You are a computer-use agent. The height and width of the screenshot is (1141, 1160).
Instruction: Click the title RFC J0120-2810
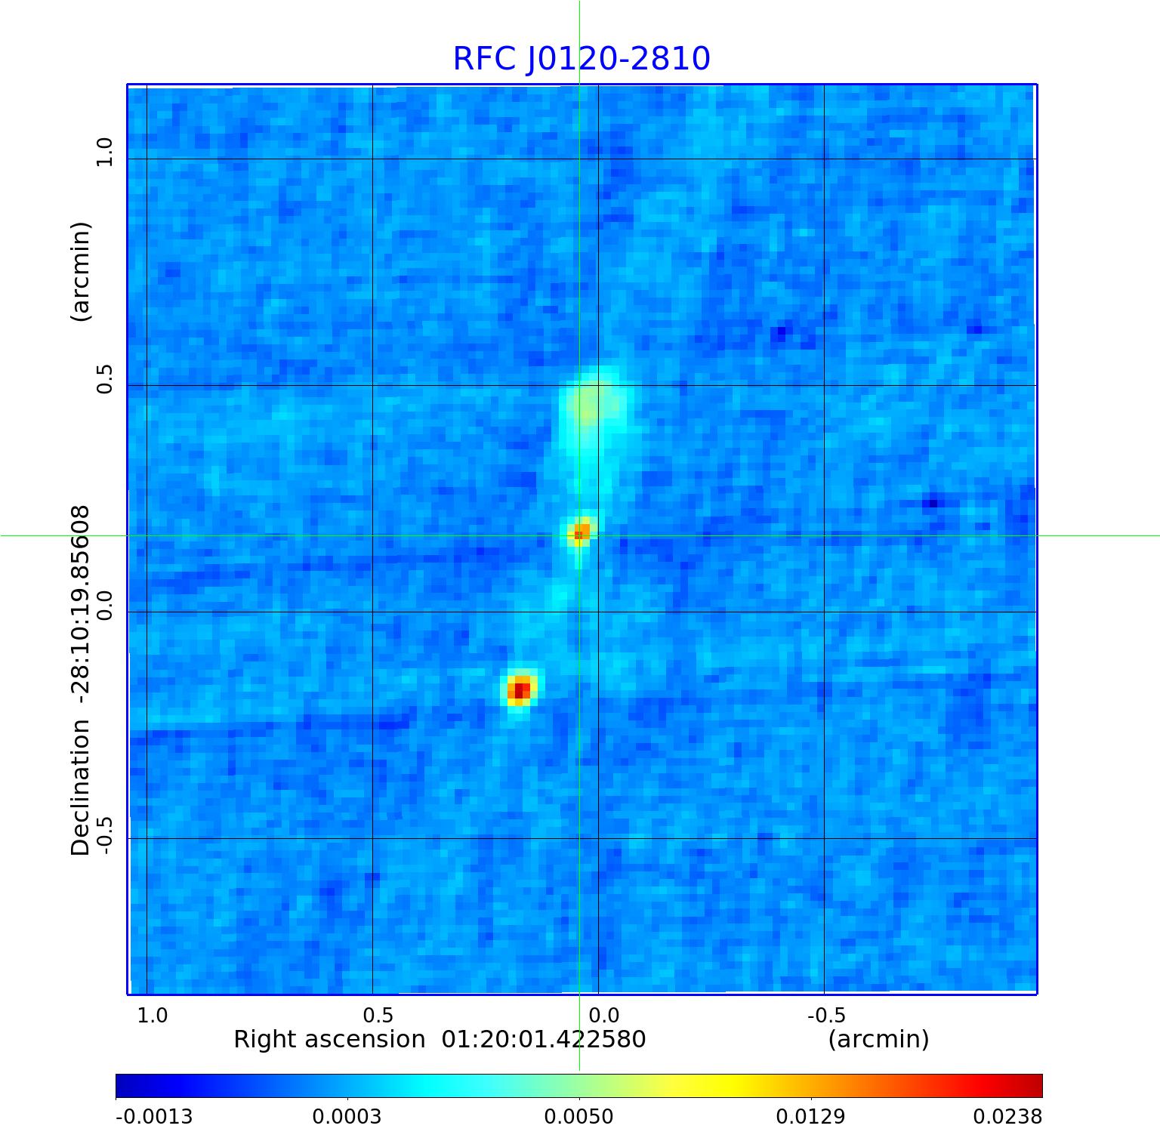pyautogui.click(x=582, y=59)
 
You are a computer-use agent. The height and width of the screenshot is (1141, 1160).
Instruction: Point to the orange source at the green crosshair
pyautogui.click(x=580, y=532)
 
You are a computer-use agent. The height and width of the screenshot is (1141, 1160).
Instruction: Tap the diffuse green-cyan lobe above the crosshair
pyautogui.click(x=590, y=405)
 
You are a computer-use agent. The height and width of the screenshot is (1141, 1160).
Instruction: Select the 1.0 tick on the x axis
pyautogui.click(x=153, y=1015)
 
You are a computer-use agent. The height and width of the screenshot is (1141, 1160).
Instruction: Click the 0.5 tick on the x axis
pyautogui.click(x=378, y=1015)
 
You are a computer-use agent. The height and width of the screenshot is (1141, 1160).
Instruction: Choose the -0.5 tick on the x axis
pyautogui.click(x=826, y=1015)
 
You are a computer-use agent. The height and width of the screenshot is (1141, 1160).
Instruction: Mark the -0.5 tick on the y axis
pyautogui.click(x=104, y=836)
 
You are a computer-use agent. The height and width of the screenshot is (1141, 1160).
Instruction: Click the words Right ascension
pyautogui.click(x=329, y=1040)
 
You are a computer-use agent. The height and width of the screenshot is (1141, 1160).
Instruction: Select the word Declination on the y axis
pyautogui.click(x=80, y=788)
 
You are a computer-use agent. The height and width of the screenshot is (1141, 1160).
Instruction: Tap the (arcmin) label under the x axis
pyautogui.click(x=878, y=1040)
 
